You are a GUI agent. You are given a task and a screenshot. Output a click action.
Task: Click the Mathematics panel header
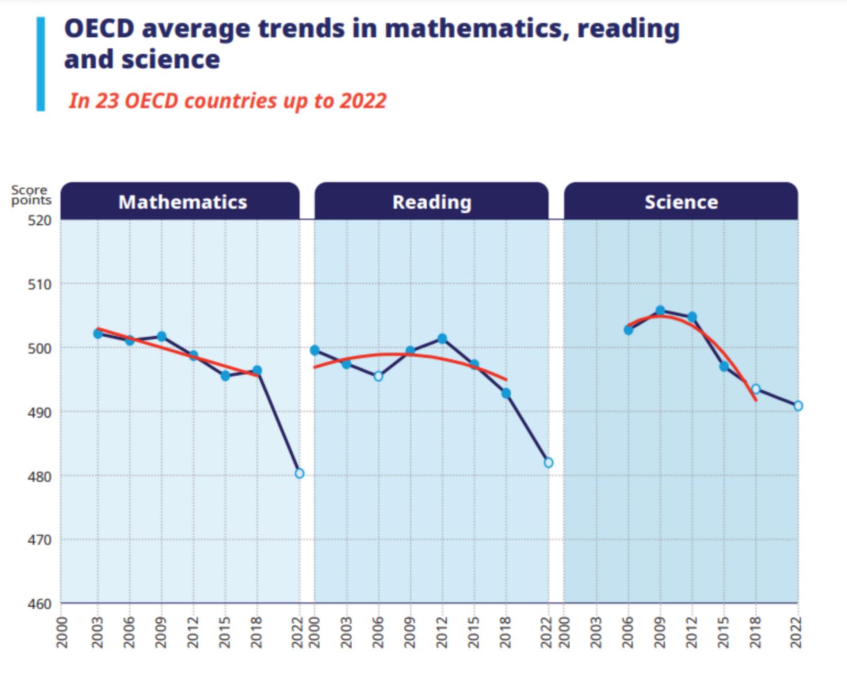pos(182,202)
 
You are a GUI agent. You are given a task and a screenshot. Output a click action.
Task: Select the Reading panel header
pos(431,202)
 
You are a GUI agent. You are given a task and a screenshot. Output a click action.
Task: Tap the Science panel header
pos(681,202)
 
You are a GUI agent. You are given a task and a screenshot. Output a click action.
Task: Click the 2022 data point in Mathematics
pos(300,473)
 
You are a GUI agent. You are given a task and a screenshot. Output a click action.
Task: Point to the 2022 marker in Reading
pos(548,463)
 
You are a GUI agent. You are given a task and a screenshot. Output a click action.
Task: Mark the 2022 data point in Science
pos(798,406)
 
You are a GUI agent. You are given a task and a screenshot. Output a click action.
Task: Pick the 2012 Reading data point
pos(442,339)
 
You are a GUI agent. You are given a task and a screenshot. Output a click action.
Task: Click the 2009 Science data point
pos(660,311)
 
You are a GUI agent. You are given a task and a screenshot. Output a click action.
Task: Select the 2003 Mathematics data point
pos(98,334)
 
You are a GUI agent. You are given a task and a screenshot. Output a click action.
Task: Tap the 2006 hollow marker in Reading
pos(378,377)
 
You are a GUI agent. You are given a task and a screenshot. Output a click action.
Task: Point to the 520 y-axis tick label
pos(39,221)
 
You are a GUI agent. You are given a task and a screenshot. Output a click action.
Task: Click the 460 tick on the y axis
pos(39,604)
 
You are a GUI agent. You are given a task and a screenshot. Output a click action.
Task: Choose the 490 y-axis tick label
pos(39,412)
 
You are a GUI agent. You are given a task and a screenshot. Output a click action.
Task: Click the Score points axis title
pos(31,195)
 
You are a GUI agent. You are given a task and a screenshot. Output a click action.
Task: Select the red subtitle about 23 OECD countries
pos(228,101)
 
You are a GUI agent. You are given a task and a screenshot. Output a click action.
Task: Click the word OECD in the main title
pos(99,29)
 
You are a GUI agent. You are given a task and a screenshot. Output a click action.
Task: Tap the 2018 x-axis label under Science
pos(755,632)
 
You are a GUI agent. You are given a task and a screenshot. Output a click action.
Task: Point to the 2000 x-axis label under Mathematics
pos(62,632)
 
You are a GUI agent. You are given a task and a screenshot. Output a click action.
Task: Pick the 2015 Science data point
pos(724,366)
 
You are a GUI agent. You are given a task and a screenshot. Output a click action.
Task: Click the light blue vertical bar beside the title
pos(41,63)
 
